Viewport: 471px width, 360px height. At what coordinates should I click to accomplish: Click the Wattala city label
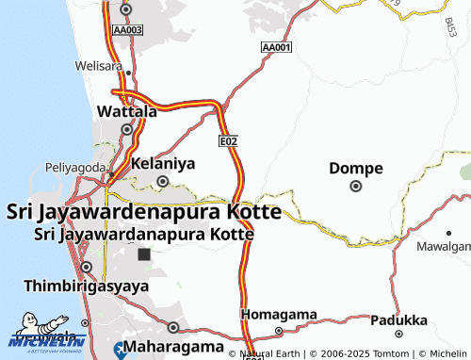[127, 112]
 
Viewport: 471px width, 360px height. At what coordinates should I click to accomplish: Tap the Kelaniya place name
[162, 164]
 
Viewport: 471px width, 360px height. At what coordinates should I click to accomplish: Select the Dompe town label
[356, 169]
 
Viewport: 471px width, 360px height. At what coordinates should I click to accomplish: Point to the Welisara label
[101, 67]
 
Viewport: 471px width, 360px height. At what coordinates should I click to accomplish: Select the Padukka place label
[399, 319]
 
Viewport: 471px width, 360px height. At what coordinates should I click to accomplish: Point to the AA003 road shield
[126, 30]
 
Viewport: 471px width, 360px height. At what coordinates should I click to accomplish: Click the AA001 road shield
[277, 47]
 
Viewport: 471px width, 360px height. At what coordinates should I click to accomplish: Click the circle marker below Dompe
[356, 187]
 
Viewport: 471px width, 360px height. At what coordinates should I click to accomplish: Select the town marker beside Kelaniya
[162, 182]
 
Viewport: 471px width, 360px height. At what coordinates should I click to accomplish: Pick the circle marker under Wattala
[126, 129]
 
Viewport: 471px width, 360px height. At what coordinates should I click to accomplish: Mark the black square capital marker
[143, 254]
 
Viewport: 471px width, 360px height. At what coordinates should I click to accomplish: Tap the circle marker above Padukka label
[399, 333]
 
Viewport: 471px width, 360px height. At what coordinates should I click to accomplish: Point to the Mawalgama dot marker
[448, 232]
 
